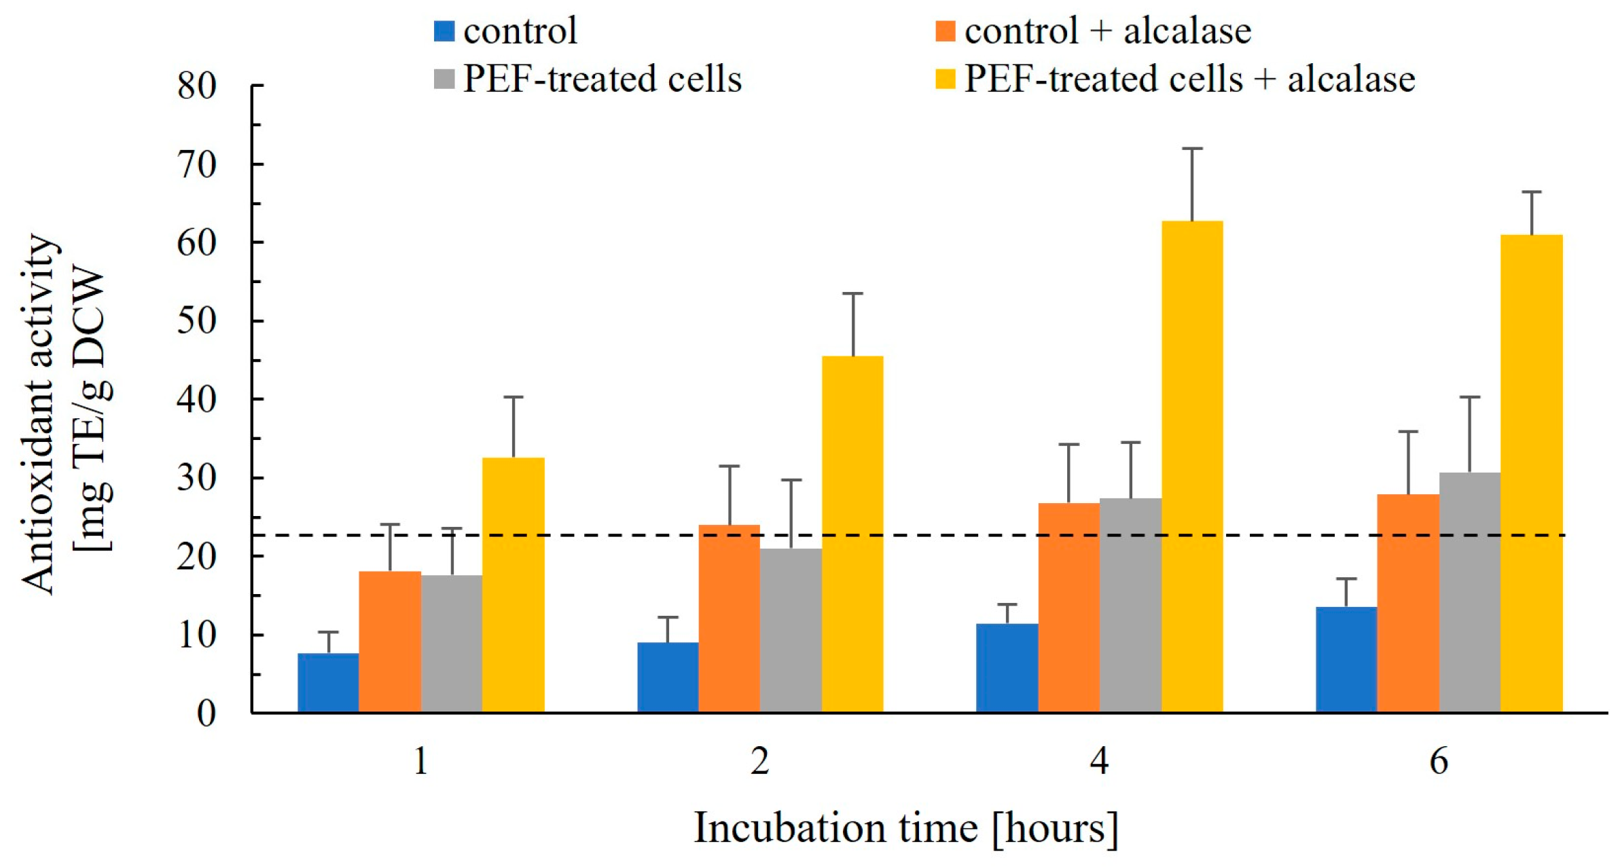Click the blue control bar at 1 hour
(x=328, y=682)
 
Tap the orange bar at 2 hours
(x=729, y=619)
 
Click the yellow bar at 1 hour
(x=513, y=585)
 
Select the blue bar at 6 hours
(x=1346, y=659)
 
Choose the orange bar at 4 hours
(x=1068, y=608)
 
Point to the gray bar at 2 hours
(x=791, y=631)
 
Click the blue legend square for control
(x=444, y=31)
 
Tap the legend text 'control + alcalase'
(x=1107, y=31)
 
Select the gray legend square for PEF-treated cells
(x=444, y=79)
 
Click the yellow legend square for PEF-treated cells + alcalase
(x=946, y=79)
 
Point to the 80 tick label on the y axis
(x=197, y=86)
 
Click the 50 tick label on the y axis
(x=197, y=321)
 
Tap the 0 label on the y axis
(x=206, y=714)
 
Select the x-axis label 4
(x=1099, y=761)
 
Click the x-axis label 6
(x=1439, y=761)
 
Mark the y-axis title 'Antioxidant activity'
(x=37, y=414)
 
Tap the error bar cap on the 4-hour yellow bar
(x=1192, y=148)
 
